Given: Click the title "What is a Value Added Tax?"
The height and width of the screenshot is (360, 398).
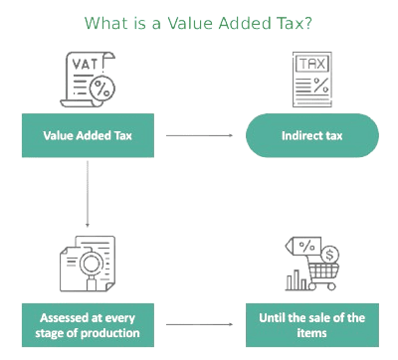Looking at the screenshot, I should (x=198, y=21).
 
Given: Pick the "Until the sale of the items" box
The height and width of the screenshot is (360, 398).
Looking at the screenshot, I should (x=312, y=324).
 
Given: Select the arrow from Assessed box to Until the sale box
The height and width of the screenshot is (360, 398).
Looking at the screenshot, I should (x=199, y=324).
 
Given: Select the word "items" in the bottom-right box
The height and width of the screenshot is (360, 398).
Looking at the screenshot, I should (x=312, y=332).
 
